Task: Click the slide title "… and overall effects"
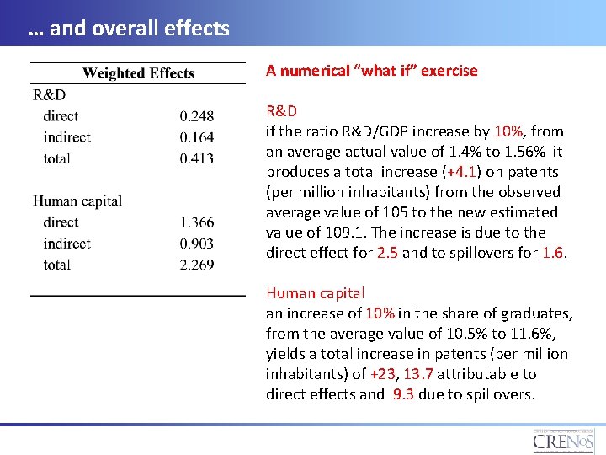pos(128,29)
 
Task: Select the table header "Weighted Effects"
pos(138,73)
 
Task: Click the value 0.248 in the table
pos(197,116)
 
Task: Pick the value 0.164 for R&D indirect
pos(197,137)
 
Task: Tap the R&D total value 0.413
pos(197,158)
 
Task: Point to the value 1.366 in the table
pos(197,222)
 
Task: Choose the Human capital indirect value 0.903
pos(197,244)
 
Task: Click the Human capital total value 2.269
pos(197,265)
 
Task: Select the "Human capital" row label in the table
pos(77,201)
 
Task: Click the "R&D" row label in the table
pos(49,95)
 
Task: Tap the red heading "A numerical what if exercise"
pos(371,71)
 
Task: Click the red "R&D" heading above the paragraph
pos(281,111)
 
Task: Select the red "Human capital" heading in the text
pos(315,293)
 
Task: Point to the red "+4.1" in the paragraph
pos(462,172)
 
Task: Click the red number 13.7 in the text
pos(417,374)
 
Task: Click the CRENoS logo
pos(561,440)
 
